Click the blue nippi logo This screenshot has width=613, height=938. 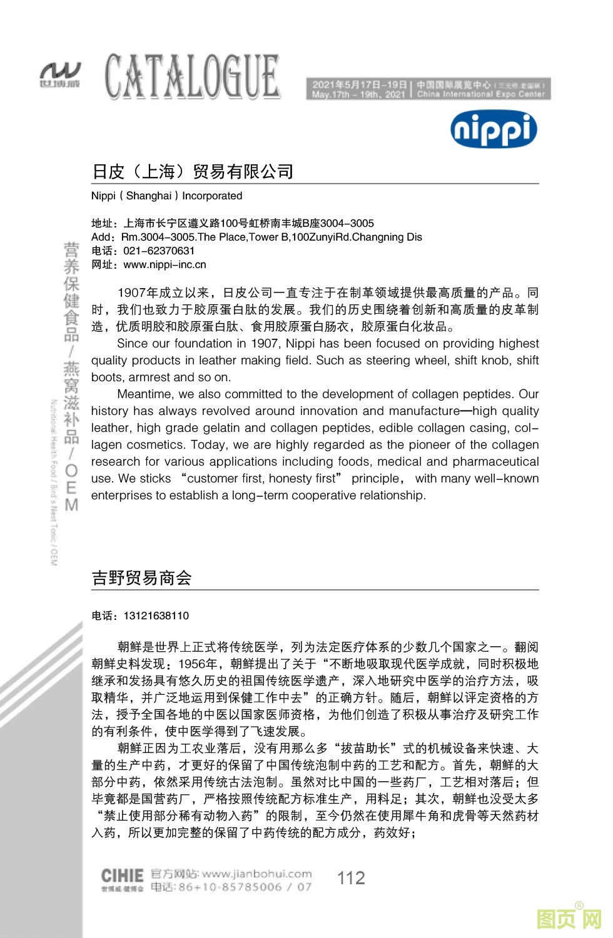point(494,129)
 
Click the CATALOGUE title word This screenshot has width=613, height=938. point(192,77)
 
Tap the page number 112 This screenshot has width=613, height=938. point(351,878)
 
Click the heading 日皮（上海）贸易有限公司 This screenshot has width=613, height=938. point(193,171)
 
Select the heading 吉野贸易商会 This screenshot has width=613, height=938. point(141,577)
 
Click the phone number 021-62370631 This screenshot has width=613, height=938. point(159,251)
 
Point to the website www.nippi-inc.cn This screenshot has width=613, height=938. point(165,264)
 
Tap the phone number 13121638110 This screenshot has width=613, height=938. point(156,616)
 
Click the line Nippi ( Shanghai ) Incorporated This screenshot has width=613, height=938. point(166,196)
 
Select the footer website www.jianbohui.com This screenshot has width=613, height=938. point(256,874)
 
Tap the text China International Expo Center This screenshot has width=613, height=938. point(481,94)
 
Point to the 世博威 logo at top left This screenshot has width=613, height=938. point(59,75)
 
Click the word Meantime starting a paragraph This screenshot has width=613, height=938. point(144,394)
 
